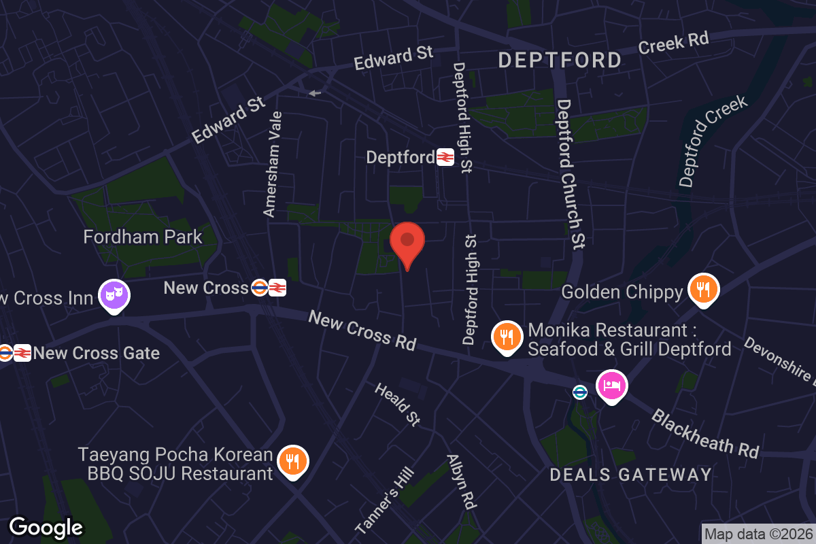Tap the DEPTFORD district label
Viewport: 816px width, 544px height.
[560, 60]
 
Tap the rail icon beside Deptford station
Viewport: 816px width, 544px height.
[445, 157]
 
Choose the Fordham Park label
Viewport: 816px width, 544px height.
[143, 237]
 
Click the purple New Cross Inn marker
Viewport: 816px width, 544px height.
[115, 295]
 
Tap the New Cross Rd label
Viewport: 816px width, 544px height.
[362, 330]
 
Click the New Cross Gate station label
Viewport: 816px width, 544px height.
[96, 353]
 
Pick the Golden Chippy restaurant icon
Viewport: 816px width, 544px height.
[704, 288]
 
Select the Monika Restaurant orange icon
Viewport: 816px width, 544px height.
[507, 336]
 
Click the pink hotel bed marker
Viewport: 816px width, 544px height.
[611, 385]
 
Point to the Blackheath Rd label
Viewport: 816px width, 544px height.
[704, 433]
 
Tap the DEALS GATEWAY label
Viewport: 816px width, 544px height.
[630, 474]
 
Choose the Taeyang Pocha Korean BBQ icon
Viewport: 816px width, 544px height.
[293, 460]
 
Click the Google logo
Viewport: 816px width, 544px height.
[46, 527]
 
